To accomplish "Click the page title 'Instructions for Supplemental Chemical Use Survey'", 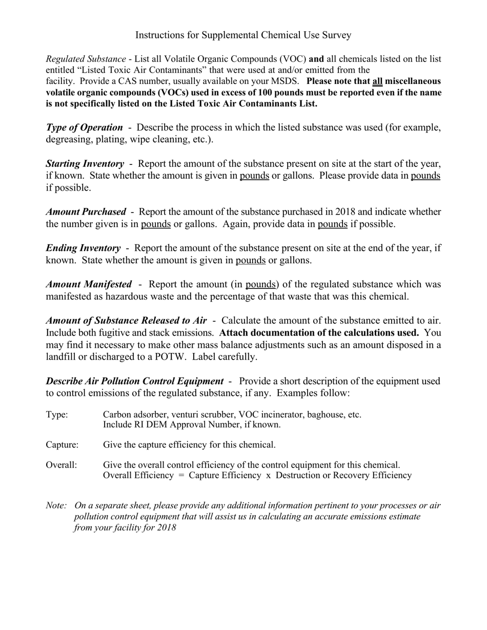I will pyautogui.click(x=243, y=35).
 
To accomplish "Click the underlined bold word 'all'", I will pyautogui.click(x=377, y=81).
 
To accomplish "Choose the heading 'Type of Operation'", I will pyautogui.click(x=85, y=128).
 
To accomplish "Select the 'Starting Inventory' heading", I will pyautogui.click(x=85, y=164).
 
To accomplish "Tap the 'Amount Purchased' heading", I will pyautogui.click(x=86, y=212).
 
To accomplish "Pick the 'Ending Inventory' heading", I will pyautogui.click(x=84, y=248).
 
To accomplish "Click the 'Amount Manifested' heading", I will pyautogui.click(x=89, y=284).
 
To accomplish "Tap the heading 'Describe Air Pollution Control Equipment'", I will pyautogui.click(x=135, y=381).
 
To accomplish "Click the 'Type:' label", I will pyautogui.click(x=57, y=414).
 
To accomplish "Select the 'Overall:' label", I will pyautogui.click(x=62, y=465).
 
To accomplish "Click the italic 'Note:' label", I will pyautogui.click(x=56, y=506).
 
